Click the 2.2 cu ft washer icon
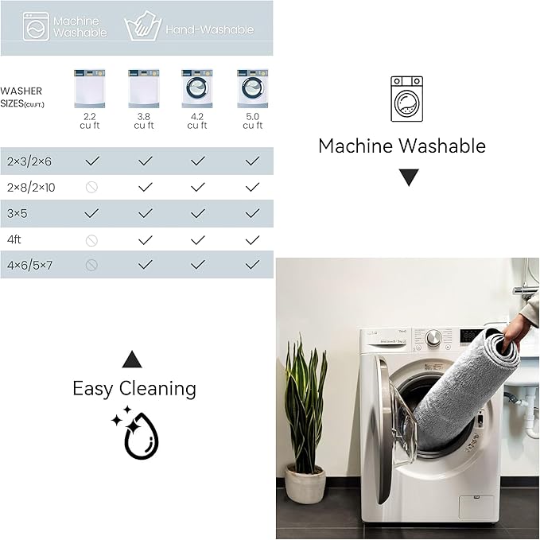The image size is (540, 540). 90,89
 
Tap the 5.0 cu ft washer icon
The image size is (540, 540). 252,89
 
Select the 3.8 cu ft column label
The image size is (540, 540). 144,121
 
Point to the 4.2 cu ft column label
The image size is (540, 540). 197,121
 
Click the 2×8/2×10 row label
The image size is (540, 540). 31,188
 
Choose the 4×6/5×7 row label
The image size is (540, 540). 29,265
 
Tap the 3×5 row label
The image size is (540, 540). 17,213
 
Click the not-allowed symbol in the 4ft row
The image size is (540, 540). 91,240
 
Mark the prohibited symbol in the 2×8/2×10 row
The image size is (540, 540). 91,188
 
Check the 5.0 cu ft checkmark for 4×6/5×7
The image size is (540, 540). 252,265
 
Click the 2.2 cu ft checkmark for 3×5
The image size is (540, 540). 91,213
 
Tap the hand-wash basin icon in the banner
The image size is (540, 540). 142,26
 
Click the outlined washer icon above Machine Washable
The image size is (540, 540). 406,99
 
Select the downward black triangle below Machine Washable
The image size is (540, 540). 409,177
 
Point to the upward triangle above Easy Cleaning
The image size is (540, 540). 132,360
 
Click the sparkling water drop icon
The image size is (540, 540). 136,433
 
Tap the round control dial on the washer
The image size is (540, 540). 433,337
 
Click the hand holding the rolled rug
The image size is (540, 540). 516,332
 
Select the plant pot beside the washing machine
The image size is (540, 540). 305,484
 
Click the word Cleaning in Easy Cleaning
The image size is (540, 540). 157,389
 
